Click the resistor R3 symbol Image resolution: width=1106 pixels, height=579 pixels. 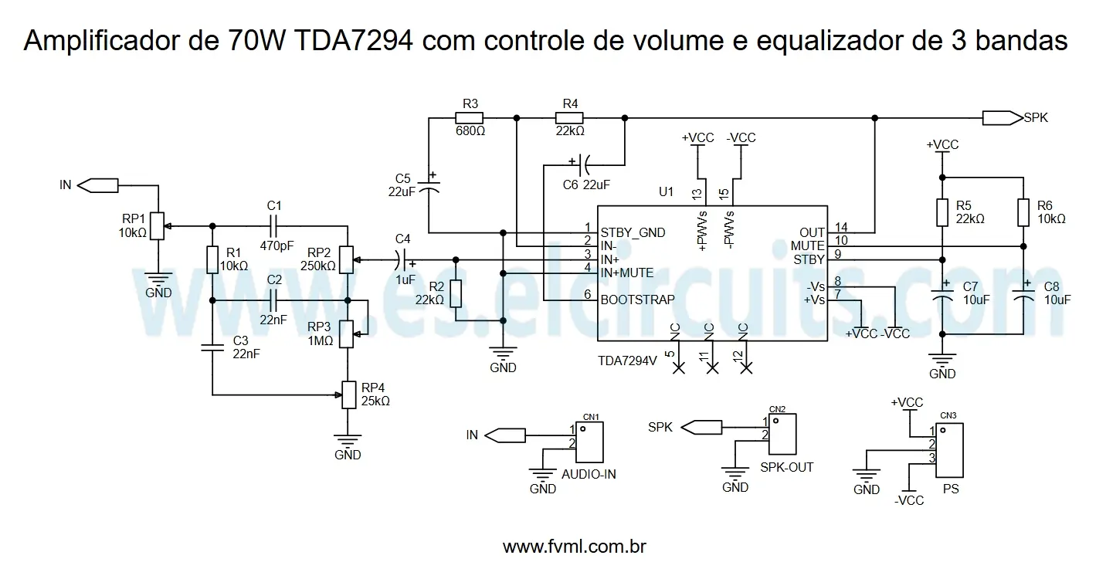click(469, 118)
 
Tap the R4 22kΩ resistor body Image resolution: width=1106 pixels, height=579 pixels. click(569, 118)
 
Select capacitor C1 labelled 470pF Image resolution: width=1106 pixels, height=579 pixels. click(273, 225)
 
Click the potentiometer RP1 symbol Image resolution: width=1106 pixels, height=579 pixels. click(157, 225)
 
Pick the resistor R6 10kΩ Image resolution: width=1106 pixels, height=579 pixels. click(1023, 212)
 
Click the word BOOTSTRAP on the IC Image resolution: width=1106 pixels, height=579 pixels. click(637, 300)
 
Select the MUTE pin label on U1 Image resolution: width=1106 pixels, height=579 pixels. click(808, 246)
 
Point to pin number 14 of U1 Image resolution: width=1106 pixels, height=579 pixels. click(841, 228)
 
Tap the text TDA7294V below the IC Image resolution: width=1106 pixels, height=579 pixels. click(627, 361)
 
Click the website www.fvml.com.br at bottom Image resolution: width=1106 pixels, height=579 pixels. click(574, 547)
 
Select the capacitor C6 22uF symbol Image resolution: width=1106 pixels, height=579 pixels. click(584, 164)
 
